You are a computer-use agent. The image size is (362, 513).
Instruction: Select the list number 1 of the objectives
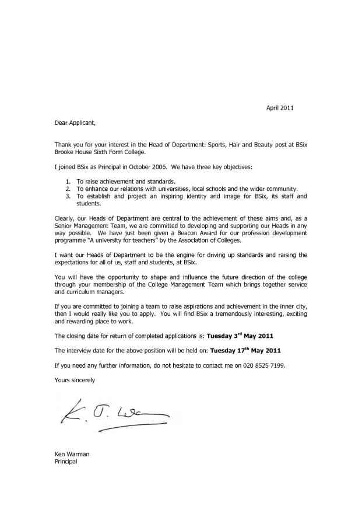(68, 182)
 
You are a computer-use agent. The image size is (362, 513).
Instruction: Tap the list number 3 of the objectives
(68, 197)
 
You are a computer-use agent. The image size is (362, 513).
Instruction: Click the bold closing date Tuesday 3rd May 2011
(240, 336)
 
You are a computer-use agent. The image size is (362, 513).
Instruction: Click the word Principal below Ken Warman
(65, 462)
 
